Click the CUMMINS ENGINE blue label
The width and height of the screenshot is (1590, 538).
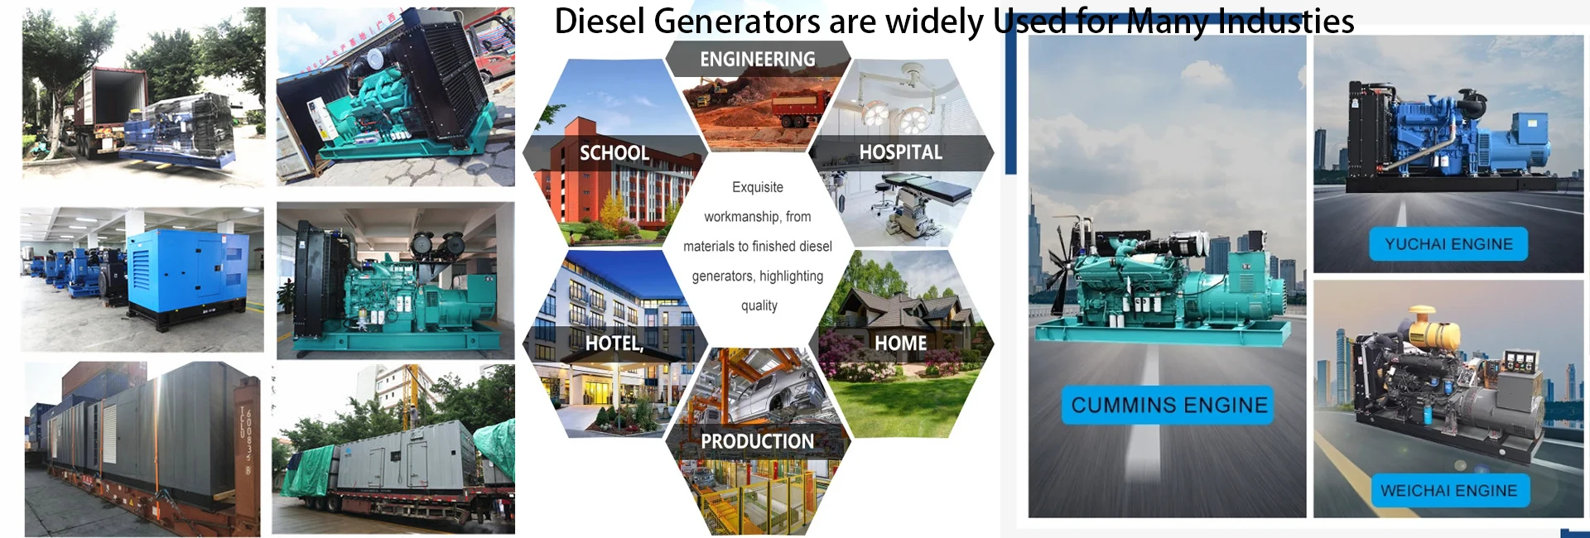[1168, 405]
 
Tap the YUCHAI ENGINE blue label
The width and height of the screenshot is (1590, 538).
[1448, 244]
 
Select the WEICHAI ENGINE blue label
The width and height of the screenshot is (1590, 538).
[1448, 490]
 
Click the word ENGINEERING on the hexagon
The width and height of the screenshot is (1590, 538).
[757, 60]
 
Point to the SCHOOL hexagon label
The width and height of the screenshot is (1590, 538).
[614, 153]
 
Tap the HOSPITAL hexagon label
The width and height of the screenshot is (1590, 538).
[900, 152]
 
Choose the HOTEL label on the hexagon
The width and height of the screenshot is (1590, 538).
[614, 343]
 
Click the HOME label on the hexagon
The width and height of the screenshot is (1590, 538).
[900, 343]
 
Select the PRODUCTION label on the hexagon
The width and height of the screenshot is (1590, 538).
[757, 441]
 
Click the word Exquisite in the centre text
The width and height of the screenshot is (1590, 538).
[757, 187]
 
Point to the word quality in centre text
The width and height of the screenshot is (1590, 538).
[759, 305]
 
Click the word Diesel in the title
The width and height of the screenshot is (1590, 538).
[599, 22]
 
